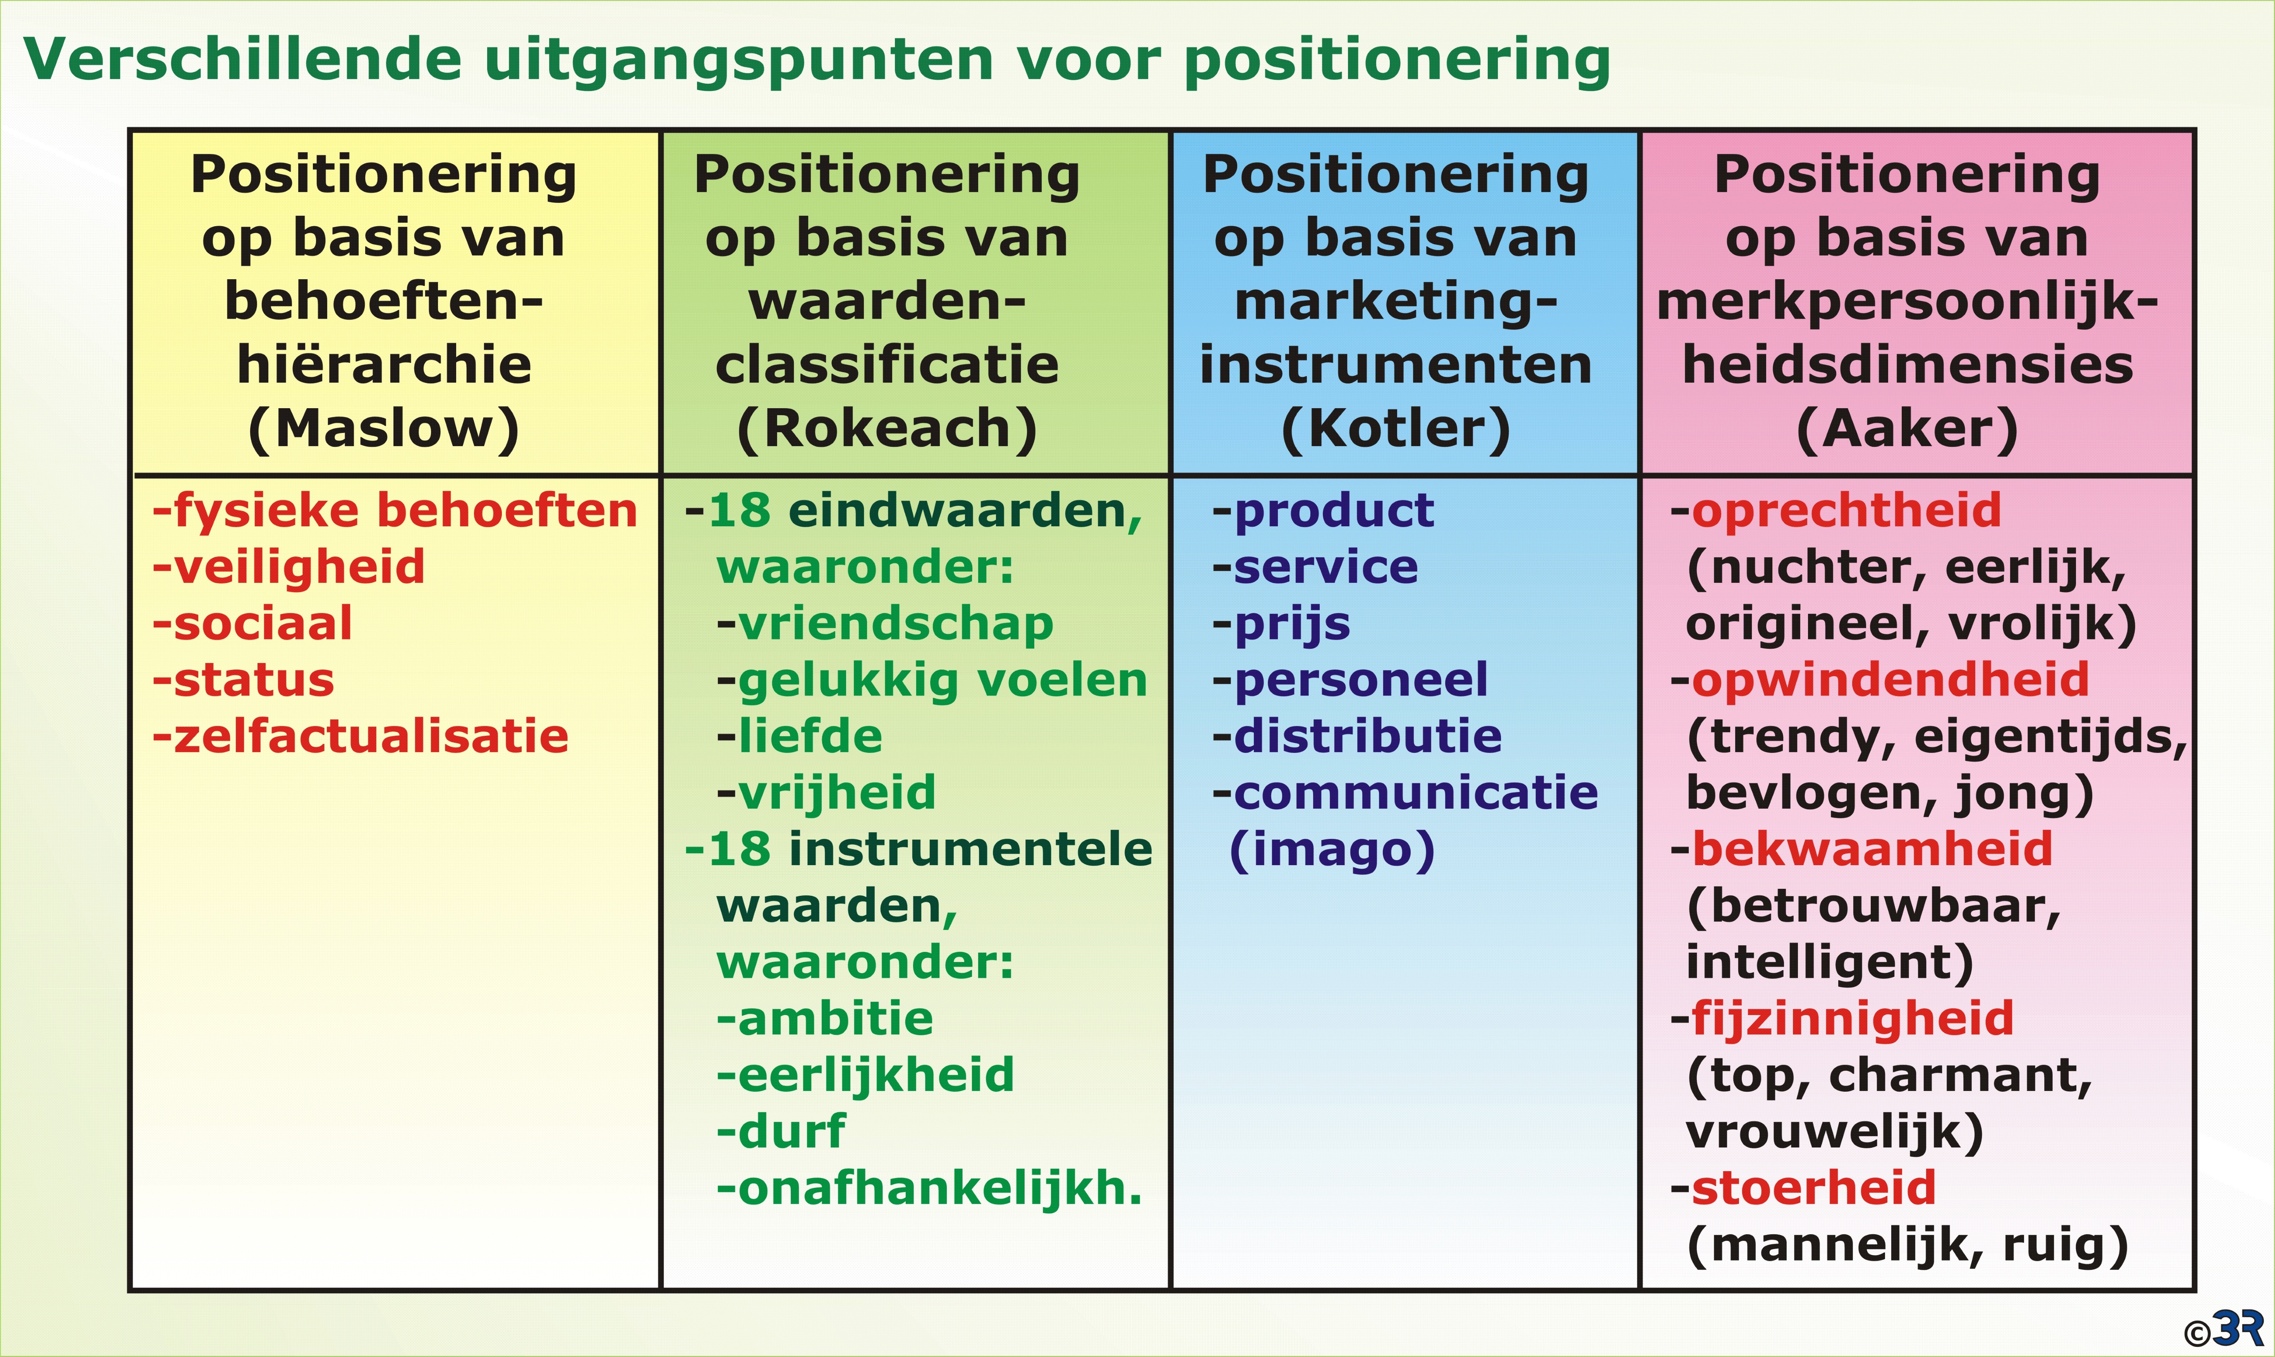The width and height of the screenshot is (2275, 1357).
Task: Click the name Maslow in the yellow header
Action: point(384,428)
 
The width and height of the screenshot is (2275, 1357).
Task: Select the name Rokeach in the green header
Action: point(887,428)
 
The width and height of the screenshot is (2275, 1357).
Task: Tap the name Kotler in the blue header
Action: point(1396,428)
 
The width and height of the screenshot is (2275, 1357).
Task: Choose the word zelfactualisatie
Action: point(371,736)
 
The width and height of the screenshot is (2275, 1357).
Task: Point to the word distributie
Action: point(1368,736)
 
